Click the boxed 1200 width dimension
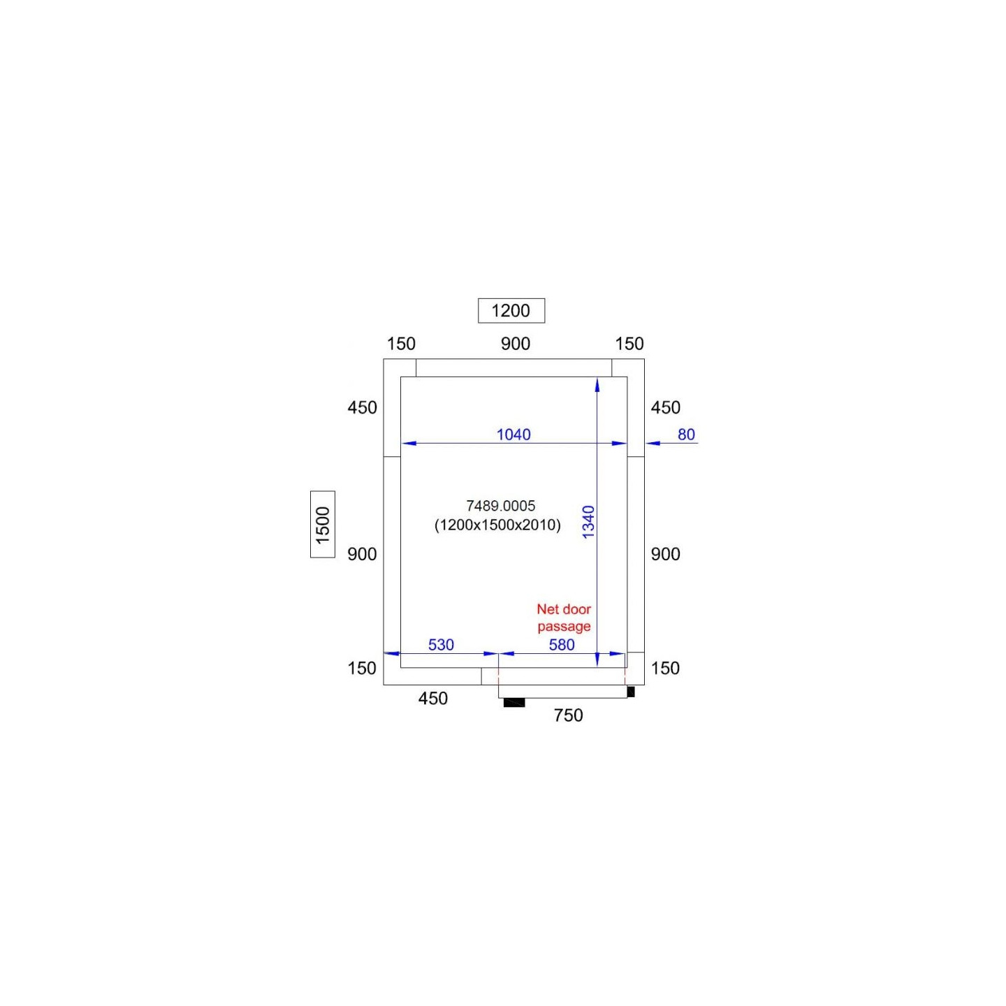[x=511, y=311]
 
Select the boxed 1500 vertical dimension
[x=323, y=524]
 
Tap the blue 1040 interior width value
[x=513, y=435]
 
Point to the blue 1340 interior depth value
[x=588, y=522]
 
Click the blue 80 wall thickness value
[x=686, y=435]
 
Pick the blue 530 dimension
[x=441, y=645]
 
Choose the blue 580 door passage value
[x=561, y=645]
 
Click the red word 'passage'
[x=564, y=627]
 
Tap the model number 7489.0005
[x=501, y=505]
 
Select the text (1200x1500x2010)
[x=497, y=525]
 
